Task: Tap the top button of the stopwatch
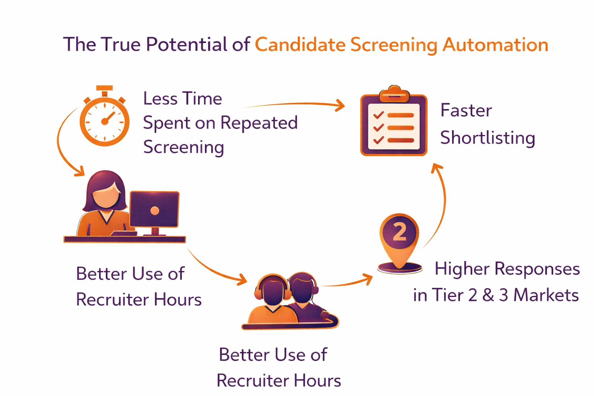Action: coord(104,89)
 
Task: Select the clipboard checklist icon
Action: coord(394,124)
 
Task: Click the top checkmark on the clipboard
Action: coord(378,115)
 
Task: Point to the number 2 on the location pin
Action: coord(399,232)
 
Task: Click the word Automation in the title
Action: coord(495,44)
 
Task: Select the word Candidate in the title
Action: coord(300,44)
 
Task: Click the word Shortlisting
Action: coord(488,138)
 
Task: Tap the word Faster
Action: coord(466,111)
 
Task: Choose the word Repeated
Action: coord(259,123)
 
